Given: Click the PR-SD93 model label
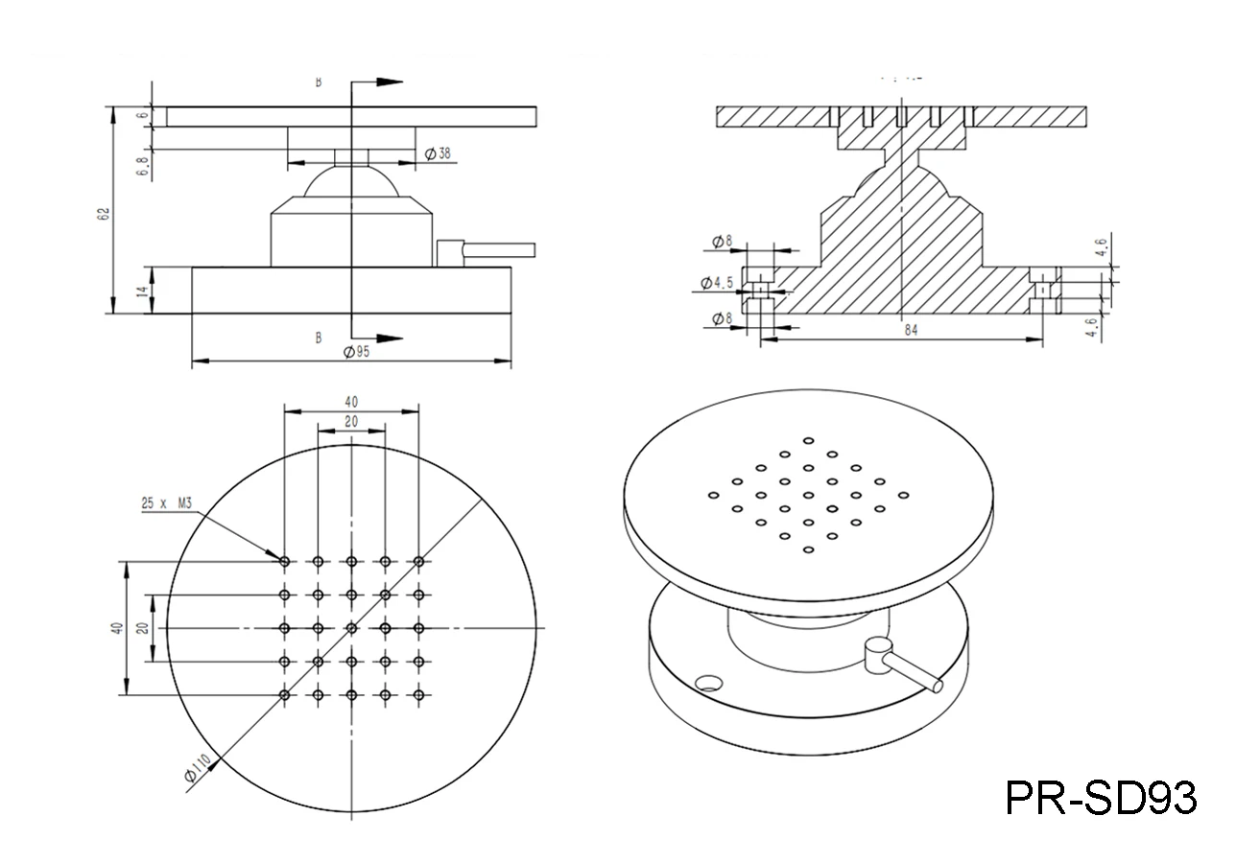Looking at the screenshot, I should pyautogui.click(x=1101, y=797).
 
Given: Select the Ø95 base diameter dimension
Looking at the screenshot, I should pyautogui.click(x=356, y=352).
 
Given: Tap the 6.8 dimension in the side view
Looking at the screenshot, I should pyautogui.click(x=143, y=163).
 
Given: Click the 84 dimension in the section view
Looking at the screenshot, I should pyautogui.click(x=911, y=330).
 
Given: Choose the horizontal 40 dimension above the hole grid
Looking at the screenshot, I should pyautogui.click(x=351, y=401).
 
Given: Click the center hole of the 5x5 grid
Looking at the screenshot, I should pyautogui.click(x=351, y=628).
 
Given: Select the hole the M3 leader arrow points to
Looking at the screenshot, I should pyautogui.click(x=284, y=561).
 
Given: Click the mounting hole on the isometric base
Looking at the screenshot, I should pyautogui.click(x=709, y=683).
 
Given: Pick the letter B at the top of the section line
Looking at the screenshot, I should pyautogui.click(x=319, y=82).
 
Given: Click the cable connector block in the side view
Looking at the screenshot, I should pyautogui.click(x=449, y=252).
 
